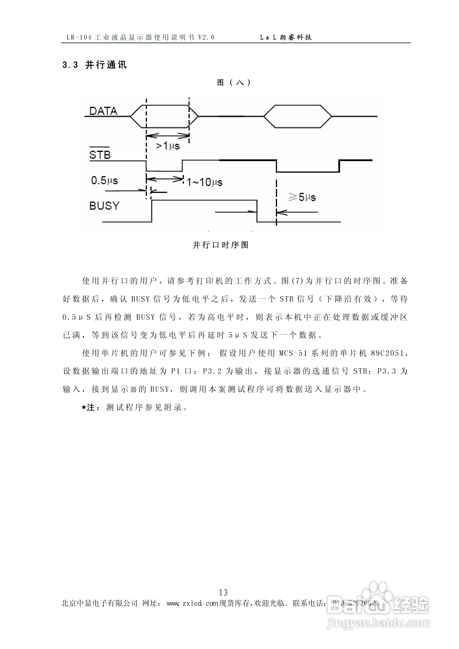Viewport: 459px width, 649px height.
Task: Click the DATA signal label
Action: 103,111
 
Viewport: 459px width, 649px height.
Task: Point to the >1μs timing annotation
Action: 168,146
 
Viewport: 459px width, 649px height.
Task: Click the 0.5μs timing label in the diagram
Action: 104,180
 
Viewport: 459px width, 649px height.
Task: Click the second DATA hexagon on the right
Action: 298,116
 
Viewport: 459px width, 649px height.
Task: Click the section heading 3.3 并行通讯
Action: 94,65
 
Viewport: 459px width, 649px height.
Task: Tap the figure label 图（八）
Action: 234,82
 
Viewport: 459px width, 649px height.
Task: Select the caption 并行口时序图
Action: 220,245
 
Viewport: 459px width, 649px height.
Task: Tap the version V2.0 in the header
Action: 206,37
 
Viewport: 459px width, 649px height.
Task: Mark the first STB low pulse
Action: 164,171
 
